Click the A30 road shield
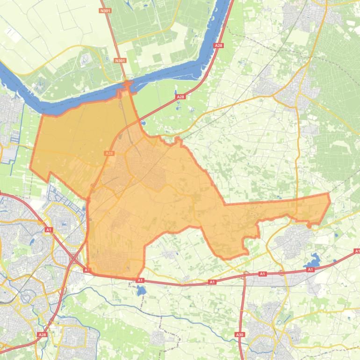(x=240, y=335)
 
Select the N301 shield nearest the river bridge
(x=120, y=60)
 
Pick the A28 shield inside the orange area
(x=109, y=153)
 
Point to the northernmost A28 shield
(x=218, y=45)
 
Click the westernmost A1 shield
(x=49, y=230)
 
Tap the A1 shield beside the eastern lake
(x=310, y=270)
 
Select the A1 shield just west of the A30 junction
(x=212, y=282)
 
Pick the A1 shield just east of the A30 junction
(x=262, y=274)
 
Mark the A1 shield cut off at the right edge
(x=357, y=251)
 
